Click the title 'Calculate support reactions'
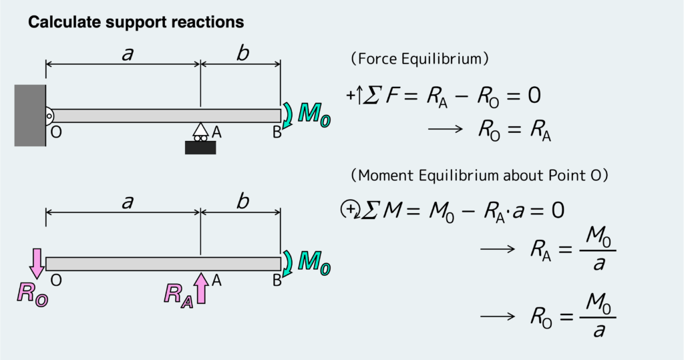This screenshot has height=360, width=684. tap(136, 23)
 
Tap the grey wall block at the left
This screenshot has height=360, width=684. tap(30, 116)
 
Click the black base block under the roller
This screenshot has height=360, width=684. tap(200, 147)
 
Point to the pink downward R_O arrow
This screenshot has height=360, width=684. tap(37, 262)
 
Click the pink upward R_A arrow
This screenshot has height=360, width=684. tap(201, 287)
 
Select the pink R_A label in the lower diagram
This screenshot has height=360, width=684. tap(178, 295)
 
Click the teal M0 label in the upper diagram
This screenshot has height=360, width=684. tap(313, 114)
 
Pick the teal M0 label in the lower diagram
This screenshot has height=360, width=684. tap(313, 261)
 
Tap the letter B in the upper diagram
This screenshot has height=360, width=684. tap(277, 132)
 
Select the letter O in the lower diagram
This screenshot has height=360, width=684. tap(56, 281)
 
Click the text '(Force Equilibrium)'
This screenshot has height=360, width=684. tap(420, 59)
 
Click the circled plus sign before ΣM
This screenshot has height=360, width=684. tap(349, 210)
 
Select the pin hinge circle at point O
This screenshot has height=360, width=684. tap(49, 116)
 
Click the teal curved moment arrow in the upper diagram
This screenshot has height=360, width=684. tap(287, 115)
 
